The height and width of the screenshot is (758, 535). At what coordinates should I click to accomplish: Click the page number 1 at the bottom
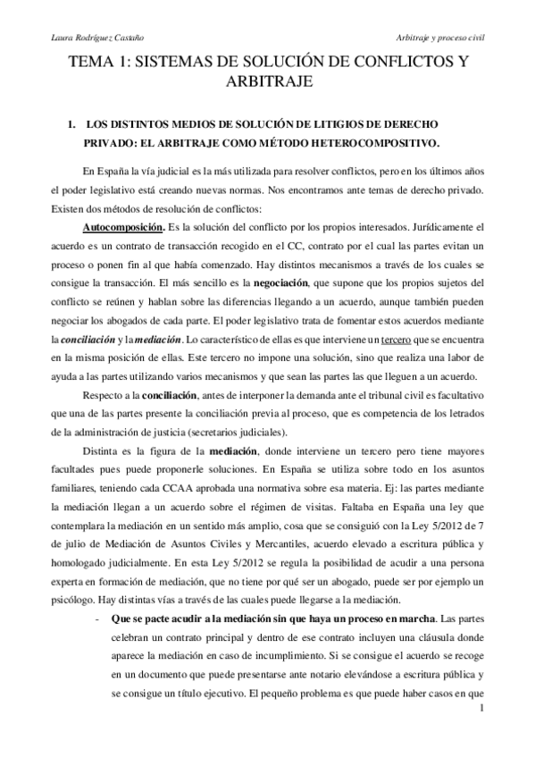coord(481,734)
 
